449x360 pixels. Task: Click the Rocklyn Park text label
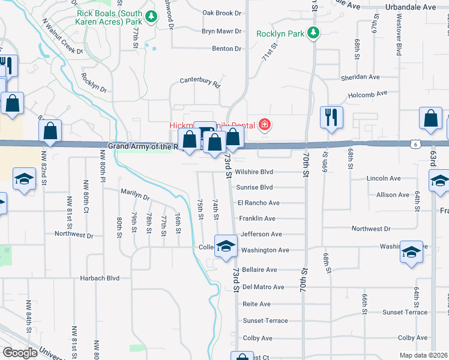point(281,34)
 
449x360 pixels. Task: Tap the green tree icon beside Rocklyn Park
point(313,33)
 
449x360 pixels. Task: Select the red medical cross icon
point(264,125)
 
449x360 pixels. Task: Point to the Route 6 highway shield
point(415,143)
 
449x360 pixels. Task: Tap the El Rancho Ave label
point(259,203)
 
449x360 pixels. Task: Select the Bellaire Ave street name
point(259,270)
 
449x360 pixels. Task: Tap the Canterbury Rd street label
point(200,82)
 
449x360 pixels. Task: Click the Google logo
point(20,353)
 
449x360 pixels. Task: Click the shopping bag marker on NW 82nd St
point(50,131)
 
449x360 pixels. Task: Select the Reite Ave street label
point(256,304)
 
